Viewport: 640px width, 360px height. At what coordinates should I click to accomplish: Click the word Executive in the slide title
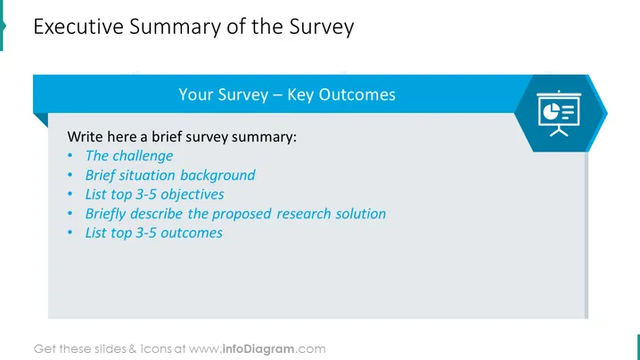(x=78, y=27)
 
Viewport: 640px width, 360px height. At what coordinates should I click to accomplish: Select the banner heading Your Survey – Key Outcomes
(x=287, y=94)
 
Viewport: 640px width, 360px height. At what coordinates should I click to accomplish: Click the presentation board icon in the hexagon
(x=559, y=113)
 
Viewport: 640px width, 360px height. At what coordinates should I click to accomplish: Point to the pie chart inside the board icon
(x=551, y=111)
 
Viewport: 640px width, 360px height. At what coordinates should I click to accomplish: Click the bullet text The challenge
(x=129, y=156)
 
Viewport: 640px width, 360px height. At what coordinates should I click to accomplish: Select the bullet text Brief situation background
(x=170, y=176)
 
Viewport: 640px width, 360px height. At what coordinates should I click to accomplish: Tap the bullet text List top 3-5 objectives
(x=155, y=194)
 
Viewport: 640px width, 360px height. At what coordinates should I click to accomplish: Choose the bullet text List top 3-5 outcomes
(x=154, y=233)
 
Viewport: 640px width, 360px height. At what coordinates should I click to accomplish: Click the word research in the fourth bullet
(x=304, y=214)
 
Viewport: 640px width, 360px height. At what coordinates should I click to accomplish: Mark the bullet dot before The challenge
(x=70, y=156)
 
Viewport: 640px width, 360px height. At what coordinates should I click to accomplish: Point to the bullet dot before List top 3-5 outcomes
(x=70, y=233)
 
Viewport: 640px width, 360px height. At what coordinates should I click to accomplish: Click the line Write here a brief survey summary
(x=182, y=136)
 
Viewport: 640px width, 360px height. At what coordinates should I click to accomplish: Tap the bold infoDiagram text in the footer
(x=258, y=349)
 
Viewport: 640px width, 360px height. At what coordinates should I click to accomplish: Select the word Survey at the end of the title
(x=322, y=28)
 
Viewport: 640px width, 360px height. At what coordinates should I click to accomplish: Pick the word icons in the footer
(x=156, y=349)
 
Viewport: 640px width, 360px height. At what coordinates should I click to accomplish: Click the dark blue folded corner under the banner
(x=41, y=119)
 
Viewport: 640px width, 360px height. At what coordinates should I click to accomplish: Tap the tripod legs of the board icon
(x=559, y=131)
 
